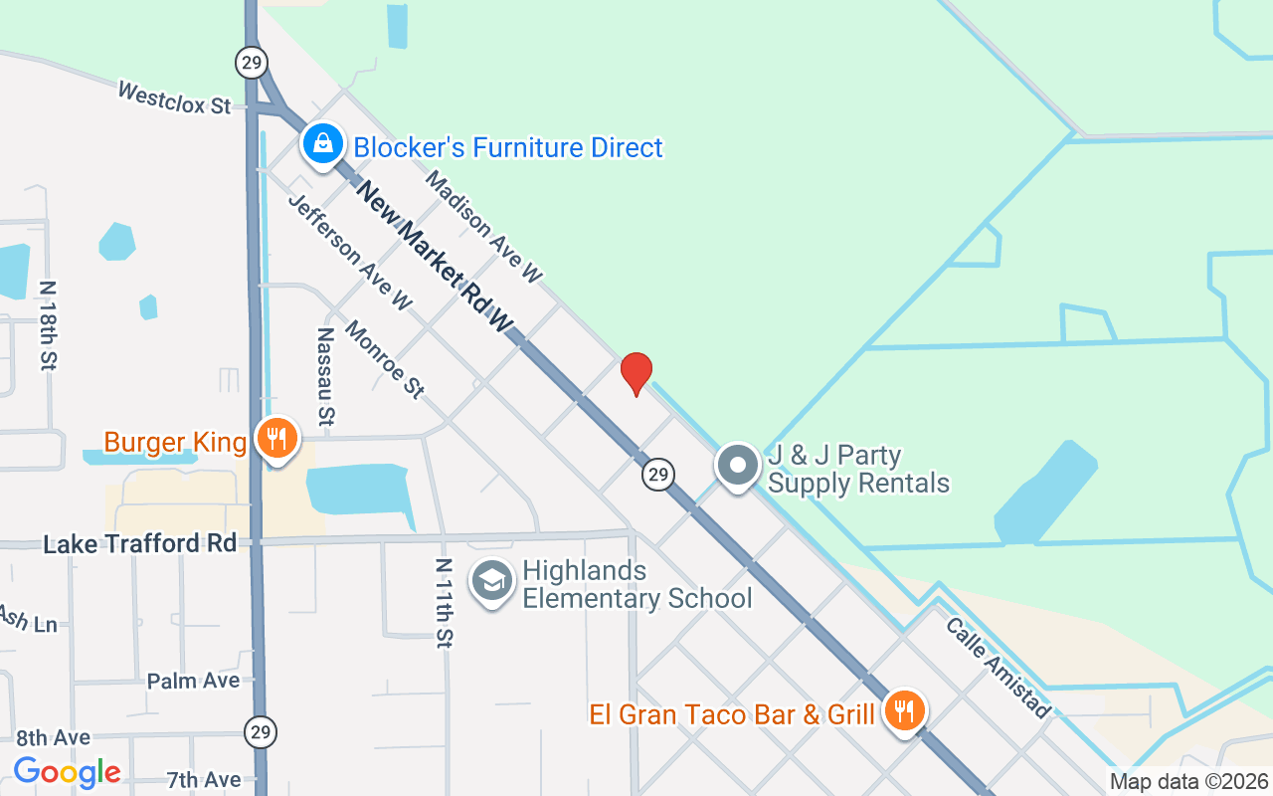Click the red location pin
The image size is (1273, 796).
(636, 373)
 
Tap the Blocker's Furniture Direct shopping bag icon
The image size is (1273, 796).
(323, 145)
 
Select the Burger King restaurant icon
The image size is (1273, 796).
(277, 438)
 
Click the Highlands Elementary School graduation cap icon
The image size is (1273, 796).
(491, 581)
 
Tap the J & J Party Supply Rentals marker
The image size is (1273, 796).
(739, 466)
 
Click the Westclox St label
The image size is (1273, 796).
(174, 98)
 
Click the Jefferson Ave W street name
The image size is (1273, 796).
(349, 252)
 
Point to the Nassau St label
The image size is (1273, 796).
(324, 375)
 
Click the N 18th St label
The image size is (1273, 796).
(47, 325)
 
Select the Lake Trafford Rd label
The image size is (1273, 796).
(140, 544)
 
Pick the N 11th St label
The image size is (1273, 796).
(444, 603)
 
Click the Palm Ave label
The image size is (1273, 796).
(193, 682)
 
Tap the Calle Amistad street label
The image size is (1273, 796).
(998, 668)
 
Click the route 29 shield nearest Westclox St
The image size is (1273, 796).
(252, 64)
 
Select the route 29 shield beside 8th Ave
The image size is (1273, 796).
(261, 732)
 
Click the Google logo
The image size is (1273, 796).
(67, 772)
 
